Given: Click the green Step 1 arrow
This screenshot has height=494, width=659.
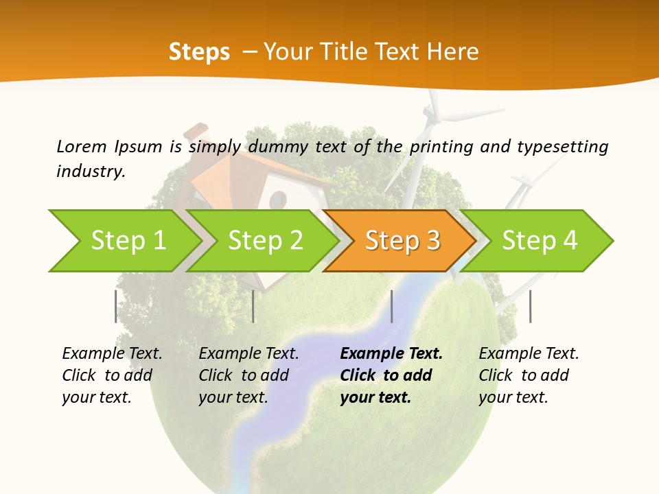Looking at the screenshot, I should coord(127,241).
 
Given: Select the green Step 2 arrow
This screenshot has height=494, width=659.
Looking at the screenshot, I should coord(265,241).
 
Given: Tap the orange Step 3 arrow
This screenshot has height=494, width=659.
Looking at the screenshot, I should coord(402,241).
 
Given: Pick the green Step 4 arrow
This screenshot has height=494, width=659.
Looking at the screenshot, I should coord(540,241).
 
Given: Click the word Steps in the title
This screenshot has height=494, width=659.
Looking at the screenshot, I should coord(199,52).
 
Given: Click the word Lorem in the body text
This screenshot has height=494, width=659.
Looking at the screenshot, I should coord(81,146).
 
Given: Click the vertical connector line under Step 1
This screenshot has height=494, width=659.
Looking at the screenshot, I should coord(116,306).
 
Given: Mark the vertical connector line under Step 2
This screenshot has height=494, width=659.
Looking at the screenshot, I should coord(253,306).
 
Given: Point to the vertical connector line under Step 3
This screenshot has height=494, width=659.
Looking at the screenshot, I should coord(392,306).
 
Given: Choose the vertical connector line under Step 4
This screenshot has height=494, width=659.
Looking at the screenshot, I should coord(530,306).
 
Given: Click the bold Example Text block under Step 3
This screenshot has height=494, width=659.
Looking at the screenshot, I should coord(391,375).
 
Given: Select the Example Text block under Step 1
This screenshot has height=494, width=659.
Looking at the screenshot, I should coord(112,375).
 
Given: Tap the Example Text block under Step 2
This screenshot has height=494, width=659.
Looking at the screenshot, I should coord(248,375).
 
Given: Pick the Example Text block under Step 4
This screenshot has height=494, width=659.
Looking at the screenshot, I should coord(529,375).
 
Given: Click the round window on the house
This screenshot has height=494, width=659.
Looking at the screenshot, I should coord(277,200).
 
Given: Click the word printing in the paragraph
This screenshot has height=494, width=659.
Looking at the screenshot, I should coord(433,146).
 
